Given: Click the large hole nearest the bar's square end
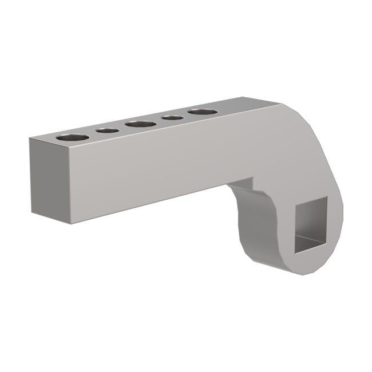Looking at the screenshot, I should coord(73,137).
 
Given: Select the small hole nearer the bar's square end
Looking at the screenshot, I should coord(107,131).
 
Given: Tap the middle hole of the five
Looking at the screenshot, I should coord(141,124).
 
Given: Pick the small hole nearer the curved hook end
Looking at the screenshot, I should coord(172,118).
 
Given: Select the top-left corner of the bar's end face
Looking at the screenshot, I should coord(30,137).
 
